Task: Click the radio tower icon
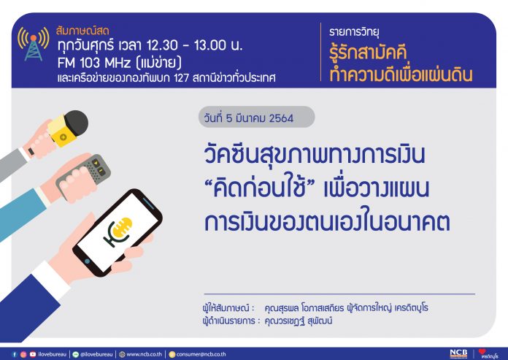(34, 44)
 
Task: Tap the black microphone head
(77, 123)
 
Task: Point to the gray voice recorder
(83, 177)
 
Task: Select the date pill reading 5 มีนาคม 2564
(256, 117)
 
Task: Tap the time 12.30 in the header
(162, 45)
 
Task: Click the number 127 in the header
(181, 78)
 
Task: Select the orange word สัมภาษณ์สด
(82, 31)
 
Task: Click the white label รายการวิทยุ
(354, 32)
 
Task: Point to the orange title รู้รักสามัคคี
(368, 53)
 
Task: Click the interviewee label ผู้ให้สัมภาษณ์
(226, 307)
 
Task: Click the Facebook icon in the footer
(15, 354)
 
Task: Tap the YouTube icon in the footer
(33, 354)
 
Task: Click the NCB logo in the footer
(458, 354)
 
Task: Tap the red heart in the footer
(482, 351)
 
